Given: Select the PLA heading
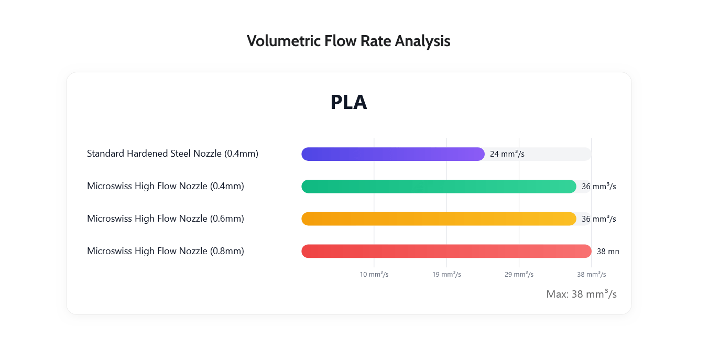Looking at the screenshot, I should (x=348, y=102).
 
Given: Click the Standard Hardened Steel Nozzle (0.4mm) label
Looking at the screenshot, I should (x=172, y=154).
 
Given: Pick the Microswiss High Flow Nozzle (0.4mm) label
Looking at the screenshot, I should (x=166, y=186).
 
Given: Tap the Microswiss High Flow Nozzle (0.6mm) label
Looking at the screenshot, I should (x=166, y=219).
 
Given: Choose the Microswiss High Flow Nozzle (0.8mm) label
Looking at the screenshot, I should (x=166, y=251).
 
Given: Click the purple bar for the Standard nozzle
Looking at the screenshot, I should (x=392, y=154).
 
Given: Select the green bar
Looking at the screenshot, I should (x=439, y=187).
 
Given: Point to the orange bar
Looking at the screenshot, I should (x=439, y=219).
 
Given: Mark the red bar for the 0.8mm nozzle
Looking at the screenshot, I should (x=446, y=252).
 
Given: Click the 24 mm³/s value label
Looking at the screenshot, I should (x=507, y=154).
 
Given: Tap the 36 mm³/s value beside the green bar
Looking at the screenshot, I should (x=598, y=187).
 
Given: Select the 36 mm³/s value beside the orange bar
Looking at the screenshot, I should (x=598, y=219).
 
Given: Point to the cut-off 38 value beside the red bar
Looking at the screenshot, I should (x=608, y=252).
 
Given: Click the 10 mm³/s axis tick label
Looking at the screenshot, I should (x=374, y=275).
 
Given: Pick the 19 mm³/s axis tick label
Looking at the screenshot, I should (x=446, y=275).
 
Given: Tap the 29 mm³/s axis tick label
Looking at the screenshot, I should (x=519, y=275).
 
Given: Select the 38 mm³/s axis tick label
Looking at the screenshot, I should (x=591, y=275).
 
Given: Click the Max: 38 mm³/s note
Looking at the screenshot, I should (x=581, y=294).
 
